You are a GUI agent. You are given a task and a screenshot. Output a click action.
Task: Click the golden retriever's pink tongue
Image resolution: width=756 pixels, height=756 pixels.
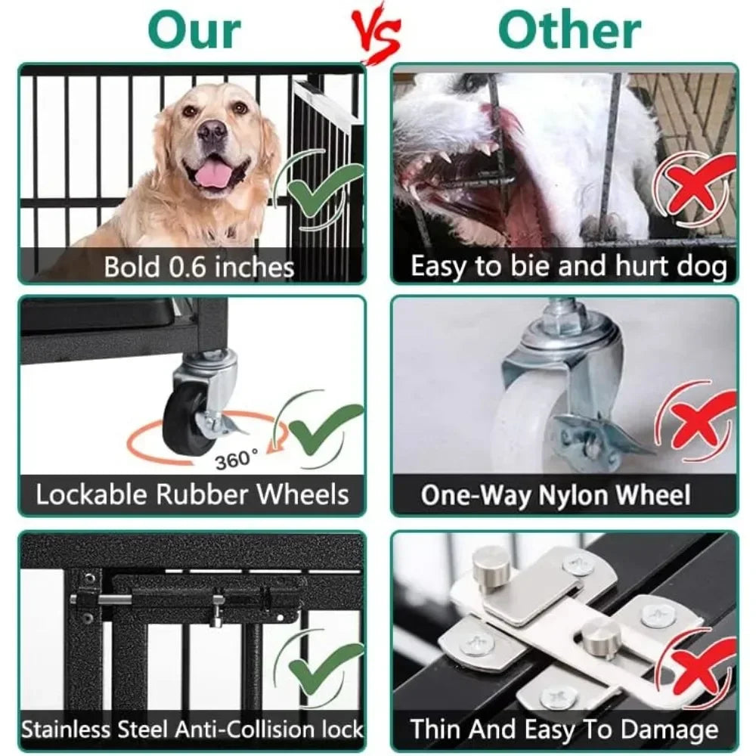[x=215, y=175]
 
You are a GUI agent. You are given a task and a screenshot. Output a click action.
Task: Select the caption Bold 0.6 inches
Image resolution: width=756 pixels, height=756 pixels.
[x=199, y=266]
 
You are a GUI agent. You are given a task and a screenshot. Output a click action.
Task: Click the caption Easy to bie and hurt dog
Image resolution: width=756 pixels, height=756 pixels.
[x=569, y=266]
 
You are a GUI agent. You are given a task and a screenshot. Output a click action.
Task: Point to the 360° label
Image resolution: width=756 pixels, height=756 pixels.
[x=236, y=459]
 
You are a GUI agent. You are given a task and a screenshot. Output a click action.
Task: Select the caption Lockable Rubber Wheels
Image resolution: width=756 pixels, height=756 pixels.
[x=192, y=494]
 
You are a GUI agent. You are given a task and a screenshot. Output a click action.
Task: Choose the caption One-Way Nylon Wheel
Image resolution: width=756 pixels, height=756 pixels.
[x=556, y=495]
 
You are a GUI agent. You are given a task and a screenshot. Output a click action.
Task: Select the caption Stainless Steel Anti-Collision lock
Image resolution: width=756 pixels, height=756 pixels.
[x=192, y=730]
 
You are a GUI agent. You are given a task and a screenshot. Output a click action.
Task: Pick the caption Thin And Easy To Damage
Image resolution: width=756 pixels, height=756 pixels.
[x=564, y=730]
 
